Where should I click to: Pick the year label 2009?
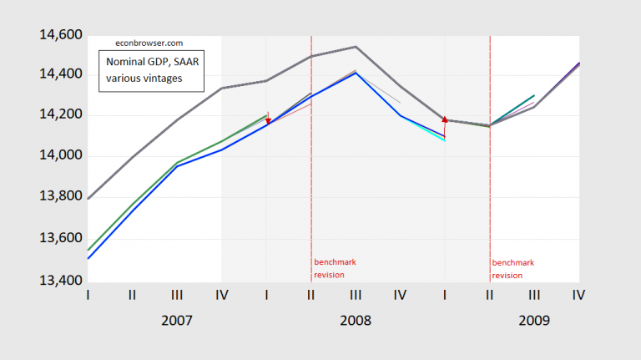(534, 320)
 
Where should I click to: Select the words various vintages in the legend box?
(143, 79)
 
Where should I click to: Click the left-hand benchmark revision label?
(335, 268)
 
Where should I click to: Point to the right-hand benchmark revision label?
(512, 268)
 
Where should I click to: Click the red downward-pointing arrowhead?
(268, 123)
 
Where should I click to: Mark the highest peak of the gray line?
(356, 47)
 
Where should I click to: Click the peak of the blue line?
(356, 73)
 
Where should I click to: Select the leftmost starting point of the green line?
(88, 250)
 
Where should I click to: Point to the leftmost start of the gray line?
(88, 199)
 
